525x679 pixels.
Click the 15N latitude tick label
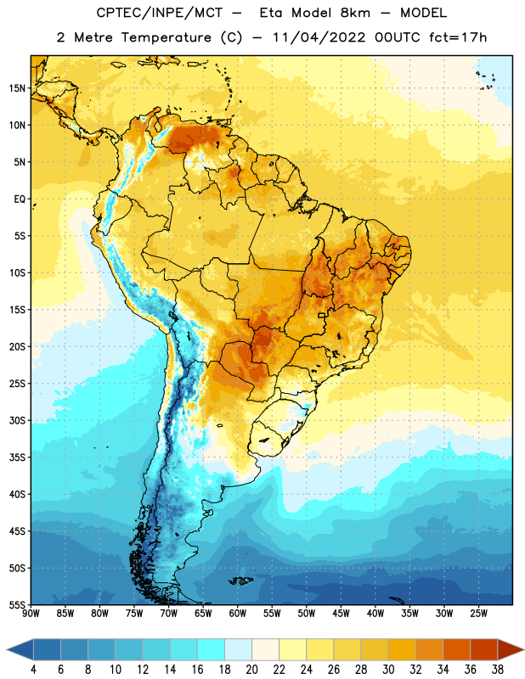pos(17,88)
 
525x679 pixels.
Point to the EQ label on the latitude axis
pos(20,199)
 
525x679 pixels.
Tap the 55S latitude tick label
pos(17,604)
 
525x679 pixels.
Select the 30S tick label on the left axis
pos(17,420)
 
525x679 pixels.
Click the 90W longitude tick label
pos(31,614)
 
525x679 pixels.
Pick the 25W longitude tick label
pos(478,614)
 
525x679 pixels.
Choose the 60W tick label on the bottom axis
pos(238,614)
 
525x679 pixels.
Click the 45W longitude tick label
pos(342,614)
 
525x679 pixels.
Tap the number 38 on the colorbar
pos(497,670)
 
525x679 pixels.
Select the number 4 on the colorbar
pos(34,670)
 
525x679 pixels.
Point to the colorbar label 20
pos(251,670)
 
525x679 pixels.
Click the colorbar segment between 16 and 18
pos(212,650)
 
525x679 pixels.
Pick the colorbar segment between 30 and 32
pos(402,650)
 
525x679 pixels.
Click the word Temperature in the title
pos(166,37)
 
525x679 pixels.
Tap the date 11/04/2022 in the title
pos(319,37)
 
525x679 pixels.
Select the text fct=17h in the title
pos(458,37)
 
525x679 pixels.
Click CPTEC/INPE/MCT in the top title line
pos(160,13)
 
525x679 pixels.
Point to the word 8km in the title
pos(355,13)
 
